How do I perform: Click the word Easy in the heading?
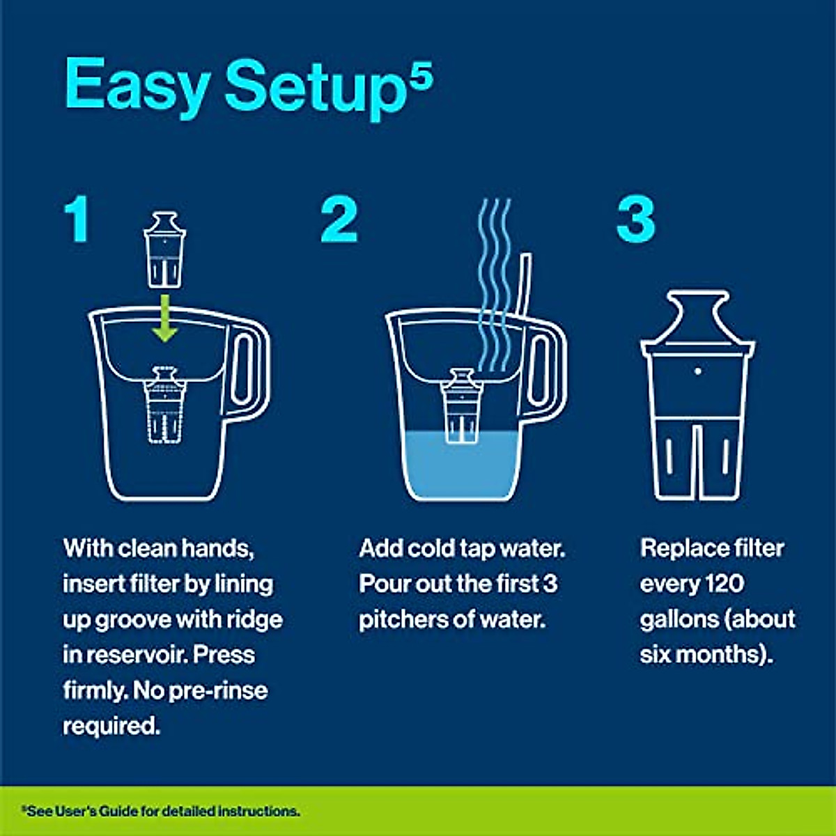(137, 85)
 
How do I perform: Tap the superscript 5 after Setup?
(420, 73)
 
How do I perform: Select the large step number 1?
(77, 220)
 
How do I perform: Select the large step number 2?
(339, 220)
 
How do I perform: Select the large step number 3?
(635, 220)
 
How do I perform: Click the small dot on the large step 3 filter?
(697, 371)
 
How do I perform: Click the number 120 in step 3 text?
(724, 584)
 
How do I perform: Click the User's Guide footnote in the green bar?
(160, 811)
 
